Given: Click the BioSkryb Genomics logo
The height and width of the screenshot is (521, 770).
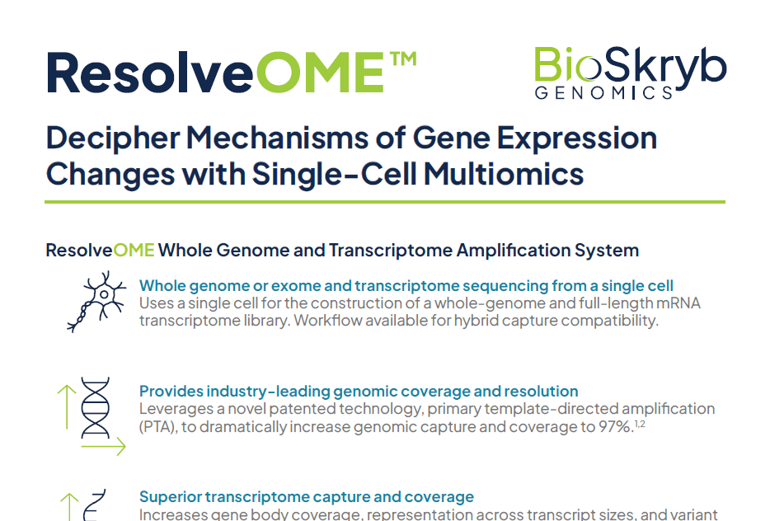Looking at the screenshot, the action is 630,73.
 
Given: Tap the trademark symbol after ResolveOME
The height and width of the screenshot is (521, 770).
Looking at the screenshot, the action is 403,59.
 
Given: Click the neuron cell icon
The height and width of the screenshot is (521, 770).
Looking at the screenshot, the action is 96,302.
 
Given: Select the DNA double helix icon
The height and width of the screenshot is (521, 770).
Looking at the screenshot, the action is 96,407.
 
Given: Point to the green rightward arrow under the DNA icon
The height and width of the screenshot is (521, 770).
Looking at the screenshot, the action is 103,446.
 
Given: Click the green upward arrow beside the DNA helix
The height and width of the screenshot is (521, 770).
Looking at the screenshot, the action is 67,407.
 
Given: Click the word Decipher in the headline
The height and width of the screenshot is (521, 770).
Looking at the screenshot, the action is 113,138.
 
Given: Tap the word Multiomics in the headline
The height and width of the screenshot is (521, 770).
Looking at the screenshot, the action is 504,174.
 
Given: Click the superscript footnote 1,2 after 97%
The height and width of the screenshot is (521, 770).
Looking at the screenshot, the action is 640,423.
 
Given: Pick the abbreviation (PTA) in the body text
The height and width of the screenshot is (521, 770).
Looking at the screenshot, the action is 157,427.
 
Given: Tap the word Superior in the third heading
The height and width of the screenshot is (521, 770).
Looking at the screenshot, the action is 171,497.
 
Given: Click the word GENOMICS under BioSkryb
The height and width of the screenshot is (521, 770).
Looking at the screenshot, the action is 603,93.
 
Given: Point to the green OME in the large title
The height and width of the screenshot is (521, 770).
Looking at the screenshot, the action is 319,73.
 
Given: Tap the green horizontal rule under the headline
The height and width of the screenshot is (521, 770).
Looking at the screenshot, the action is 385,201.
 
